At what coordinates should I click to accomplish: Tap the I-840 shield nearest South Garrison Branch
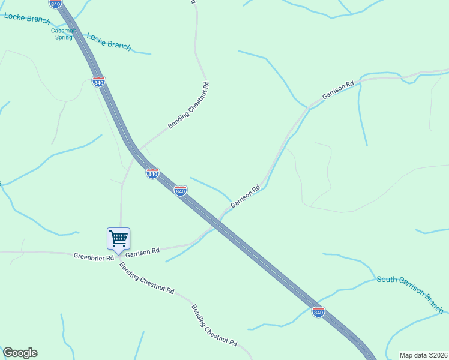click(x=318, y=312)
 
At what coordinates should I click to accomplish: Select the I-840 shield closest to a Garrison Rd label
click(x=180, y=191)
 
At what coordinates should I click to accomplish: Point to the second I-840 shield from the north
click(x=99, y=82)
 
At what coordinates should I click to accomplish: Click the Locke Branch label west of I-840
click(x=27, y=19)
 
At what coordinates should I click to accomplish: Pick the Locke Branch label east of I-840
click(x=109, y=41)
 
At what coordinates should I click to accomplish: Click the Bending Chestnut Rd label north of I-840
click(x=188, y=105)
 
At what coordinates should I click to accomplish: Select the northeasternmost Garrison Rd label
click(x=338, y=91)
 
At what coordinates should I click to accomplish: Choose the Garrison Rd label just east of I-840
click(x=245, y=196)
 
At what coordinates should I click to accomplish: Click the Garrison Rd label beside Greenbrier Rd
click(x=142, y=252)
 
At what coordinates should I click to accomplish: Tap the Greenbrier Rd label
click(x=94, y=257)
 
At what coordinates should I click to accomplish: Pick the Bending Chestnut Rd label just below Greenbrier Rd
click(x=146, y=277)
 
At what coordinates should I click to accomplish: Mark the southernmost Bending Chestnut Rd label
click(x=214, y=326)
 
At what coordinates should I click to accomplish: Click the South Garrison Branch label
click(x=410, y=294)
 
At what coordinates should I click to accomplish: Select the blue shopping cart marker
click(x=119, y=238)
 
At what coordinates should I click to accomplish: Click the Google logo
click(x=20, y=353)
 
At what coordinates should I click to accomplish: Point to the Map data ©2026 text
click(x=424, y=355)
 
